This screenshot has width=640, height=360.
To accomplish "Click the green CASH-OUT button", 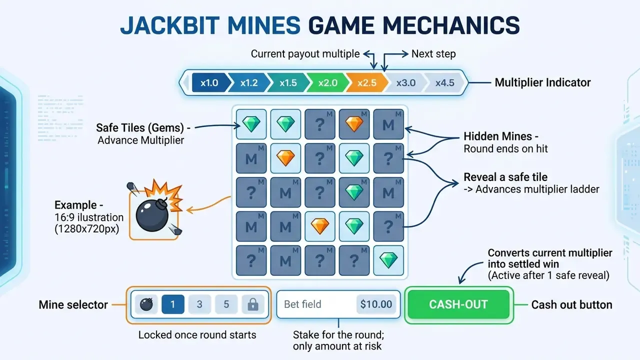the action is pyautogui.click(x=458, y=304).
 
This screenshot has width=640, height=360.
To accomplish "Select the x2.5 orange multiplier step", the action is pyautogui.click(x=367, y=83).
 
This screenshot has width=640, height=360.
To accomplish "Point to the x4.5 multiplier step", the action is pyautogui.click(x=445, y=83).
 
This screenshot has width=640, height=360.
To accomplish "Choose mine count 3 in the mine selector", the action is pyautogui.click(x=199, y=304).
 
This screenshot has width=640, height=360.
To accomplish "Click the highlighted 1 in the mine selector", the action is pyautogui.click(x=173, y=304).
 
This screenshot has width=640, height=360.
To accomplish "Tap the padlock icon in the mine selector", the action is pyautogui.click(x=253, y=304).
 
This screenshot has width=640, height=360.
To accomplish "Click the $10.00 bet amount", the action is pyautogui.click(x=376, y=304).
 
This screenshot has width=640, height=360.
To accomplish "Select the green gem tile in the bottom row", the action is pyautogui.click(x=388, y=260).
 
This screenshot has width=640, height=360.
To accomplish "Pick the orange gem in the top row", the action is pyautogui.click(x=354, y=124).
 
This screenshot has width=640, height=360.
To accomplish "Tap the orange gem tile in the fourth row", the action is pyautogui.click(x=320, y=226).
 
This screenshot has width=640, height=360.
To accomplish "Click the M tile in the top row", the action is pyautogui.click(x=388, y=124).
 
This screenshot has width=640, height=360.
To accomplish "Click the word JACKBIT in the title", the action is pyautogui.click(x=170, y=25).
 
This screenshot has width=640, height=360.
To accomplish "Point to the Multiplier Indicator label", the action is pyautogui.click(x=542, y=82).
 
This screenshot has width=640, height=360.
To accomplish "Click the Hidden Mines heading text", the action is pyautogui.click(x=501, y=136).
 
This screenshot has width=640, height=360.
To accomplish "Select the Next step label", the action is pyautogui.click(x=433, y=53).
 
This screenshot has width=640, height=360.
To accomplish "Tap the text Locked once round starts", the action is pyautogui.click(x=197, y=335).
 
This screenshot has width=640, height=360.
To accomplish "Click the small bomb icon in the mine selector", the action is pyautogui.click(x=146, y=304).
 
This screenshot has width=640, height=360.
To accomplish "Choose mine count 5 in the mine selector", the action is pyautogui.click(x=226, y=304).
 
